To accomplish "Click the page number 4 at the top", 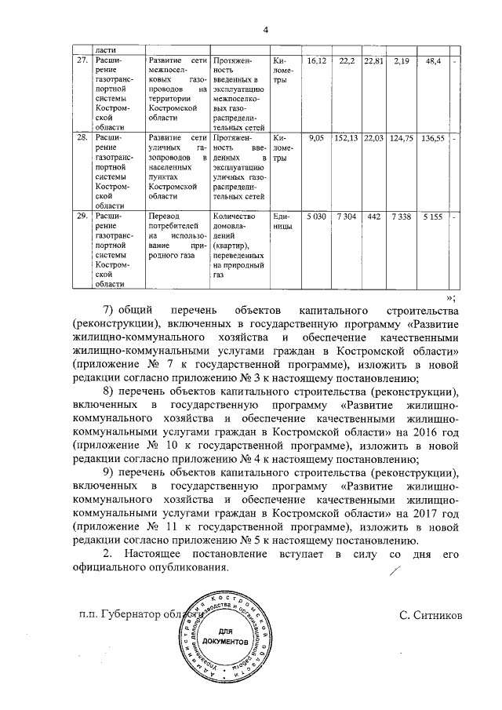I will coord(265,31).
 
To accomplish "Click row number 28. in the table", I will coord(81,138).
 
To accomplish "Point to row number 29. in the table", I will coord(81,216).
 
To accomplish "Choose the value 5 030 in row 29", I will coord(316,216).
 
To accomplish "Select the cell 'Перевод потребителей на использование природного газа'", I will coord(176,235).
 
